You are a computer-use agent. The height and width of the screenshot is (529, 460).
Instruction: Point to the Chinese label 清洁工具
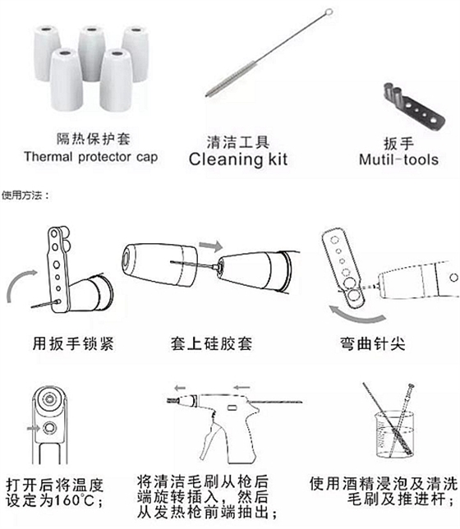(238, 140)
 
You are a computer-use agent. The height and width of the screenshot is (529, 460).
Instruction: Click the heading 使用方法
(25, 195)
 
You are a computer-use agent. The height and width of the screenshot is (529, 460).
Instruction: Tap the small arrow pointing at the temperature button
(33, 427)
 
